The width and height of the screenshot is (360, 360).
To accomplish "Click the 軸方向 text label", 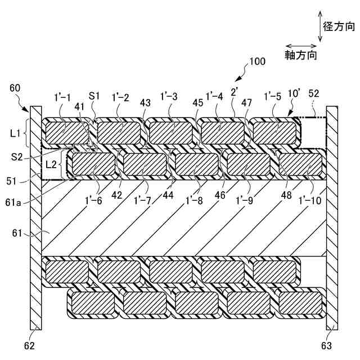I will point(300,55).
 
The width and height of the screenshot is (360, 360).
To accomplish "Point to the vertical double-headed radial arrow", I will point(320,25).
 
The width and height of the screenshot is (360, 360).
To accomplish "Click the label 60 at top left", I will point(15,87).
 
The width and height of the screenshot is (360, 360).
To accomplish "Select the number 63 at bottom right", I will point(327,345).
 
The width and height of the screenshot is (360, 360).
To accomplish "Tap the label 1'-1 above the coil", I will point(62,97).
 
